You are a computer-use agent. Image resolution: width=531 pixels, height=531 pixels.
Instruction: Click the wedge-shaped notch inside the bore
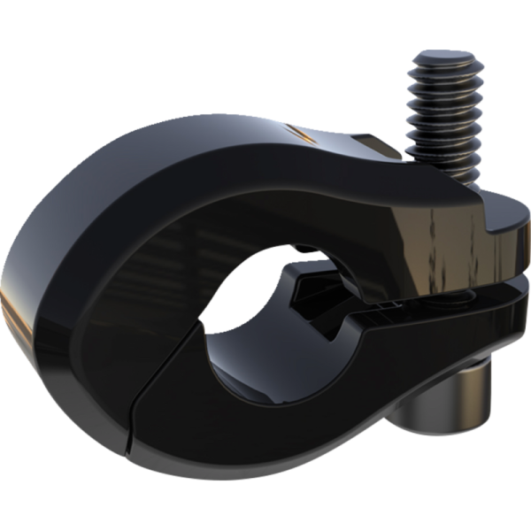pos(310,288)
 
